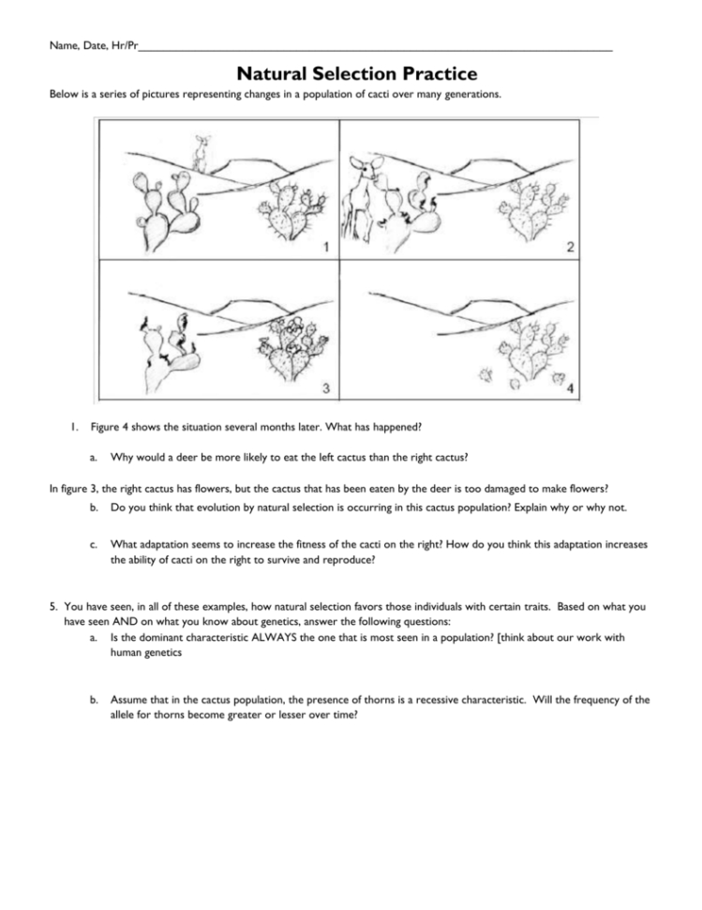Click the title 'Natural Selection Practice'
tap(356, 73)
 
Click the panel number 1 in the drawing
tap(324, 248)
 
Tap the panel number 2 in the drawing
tap(570, 248)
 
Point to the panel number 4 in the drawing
tap(570, 388)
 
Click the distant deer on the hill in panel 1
tap(199, 153)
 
